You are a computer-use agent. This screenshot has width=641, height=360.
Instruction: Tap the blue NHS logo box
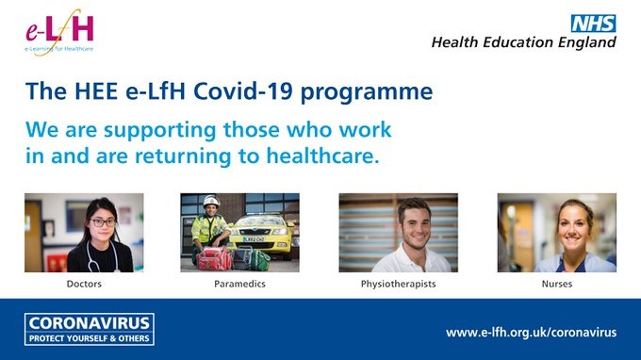pos(594,23)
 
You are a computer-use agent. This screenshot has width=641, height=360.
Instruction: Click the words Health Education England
pos(523,42)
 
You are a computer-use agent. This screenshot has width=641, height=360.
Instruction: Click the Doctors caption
pos(84,283)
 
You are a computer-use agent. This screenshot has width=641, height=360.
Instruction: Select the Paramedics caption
pos(239,283)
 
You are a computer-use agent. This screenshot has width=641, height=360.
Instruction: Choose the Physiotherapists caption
pos(398,283)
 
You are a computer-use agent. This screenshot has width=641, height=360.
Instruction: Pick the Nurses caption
pos(556,283)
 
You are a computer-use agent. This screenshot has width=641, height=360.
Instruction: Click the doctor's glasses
pos(104,223)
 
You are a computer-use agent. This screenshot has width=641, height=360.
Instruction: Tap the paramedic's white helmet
pos(210,201)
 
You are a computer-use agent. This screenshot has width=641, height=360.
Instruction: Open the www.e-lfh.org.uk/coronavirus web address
pos(531,332)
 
